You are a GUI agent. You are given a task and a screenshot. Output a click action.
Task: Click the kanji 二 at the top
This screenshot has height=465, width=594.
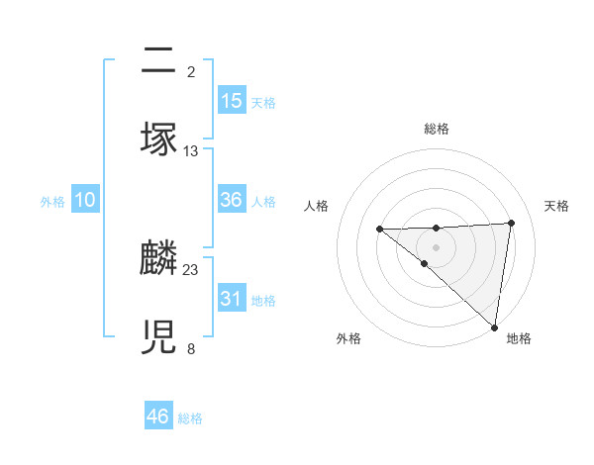[159, 61]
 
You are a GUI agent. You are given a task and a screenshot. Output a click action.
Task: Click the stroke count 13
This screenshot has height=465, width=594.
[191, 150]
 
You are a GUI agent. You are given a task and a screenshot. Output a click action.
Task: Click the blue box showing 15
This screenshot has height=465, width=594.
[232, 101]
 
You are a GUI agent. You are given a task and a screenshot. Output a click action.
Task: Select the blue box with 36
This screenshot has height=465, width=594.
[232, 200]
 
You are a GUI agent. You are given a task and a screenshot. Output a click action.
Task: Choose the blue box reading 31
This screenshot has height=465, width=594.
[232, 298]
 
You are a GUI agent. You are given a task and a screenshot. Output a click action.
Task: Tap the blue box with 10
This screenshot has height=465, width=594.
[85, 200]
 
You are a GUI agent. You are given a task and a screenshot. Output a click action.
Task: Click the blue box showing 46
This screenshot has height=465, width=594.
[158, 416]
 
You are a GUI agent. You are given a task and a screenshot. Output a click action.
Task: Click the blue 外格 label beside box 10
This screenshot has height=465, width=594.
[52, 202]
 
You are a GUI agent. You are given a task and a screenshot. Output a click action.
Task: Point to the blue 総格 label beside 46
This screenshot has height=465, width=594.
[190, 418]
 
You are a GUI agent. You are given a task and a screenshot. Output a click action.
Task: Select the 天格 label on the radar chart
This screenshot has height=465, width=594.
[556, 206]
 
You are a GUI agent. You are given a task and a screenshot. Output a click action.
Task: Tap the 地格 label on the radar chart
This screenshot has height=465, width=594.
[519, 338]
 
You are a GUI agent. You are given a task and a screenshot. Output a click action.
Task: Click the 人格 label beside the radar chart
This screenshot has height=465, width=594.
[316, 206]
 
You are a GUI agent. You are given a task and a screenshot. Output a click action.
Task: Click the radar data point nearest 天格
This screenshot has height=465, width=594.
[511, 223]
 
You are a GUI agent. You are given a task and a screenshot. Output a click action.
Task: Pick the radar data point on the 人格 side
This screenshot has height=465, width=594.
[379, 230]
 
